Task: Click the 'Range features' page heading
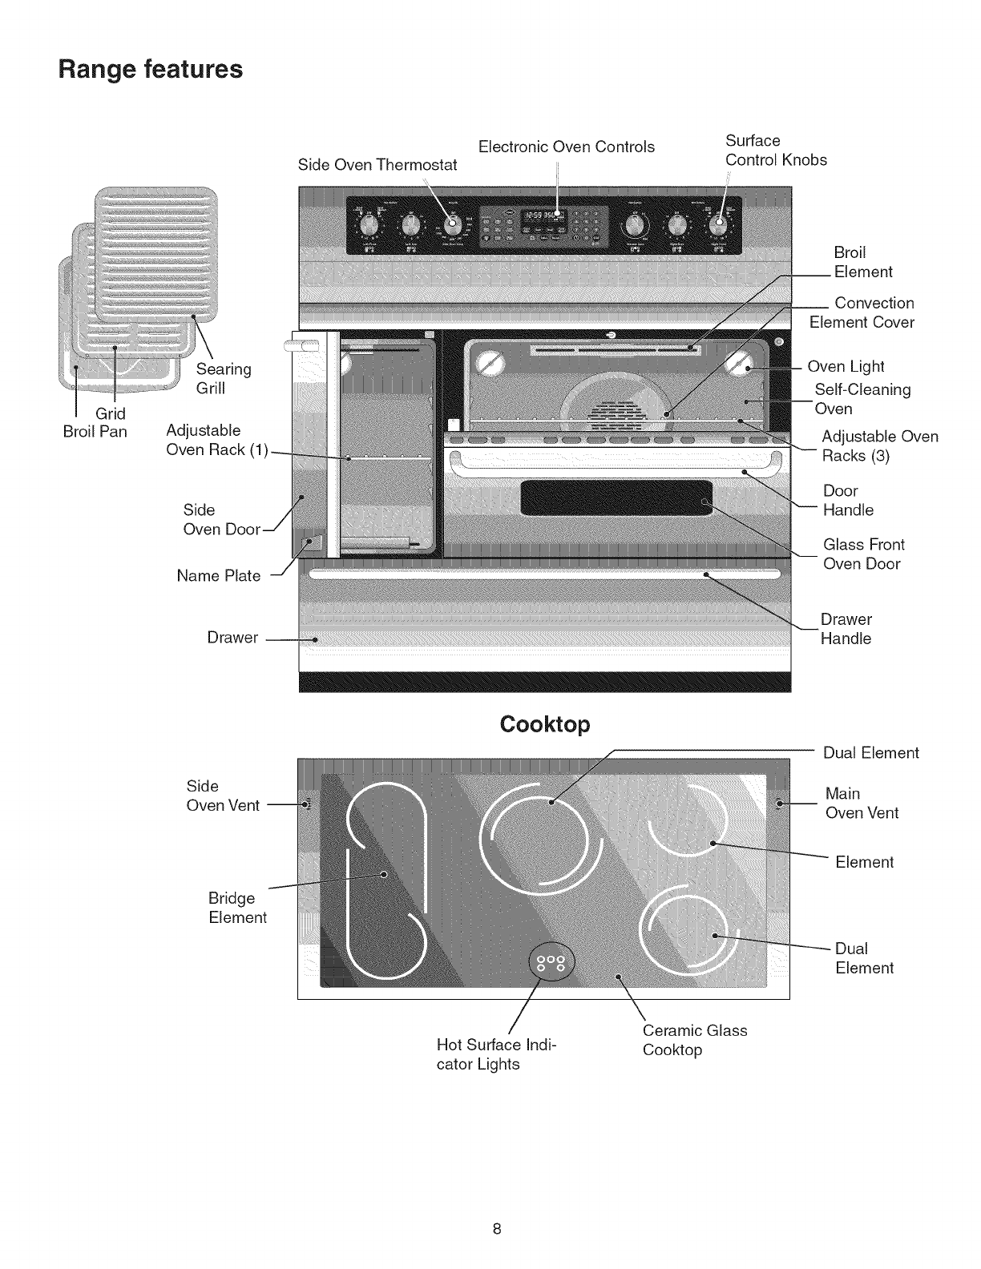[x=151, y=69]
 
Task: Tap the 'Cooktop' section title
[x=544, y=724]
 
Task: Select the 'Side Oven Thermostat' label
[x=377, y=165]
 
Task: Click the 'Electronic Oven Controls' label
[x=566, y=147]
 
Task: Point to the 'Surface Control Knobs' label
[x=775, y=151]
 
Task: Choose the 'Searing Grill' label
[x=224, y=378]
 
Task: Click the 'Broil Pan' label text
[x=95, y=432]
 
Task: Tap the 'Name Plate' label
[x=219, y=575]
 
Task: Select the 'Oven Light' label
[x=846, y=366]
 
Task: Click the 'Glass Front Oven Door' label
[x=863, y=554]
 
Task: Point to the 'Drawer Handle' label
[x=846, y=629]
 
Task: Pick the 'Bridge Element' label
[x=237, y=908]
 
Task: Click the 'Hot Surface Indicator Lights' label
[x=496, y=1054]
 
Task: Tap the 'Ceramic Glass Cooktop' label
[x=694, y=1040]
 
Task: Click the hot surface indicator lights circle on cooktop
[x=552, y=962]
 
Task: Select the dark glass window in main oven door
[x=616, y=498]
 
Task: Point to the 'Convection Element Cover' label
[x=862, y=312]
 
